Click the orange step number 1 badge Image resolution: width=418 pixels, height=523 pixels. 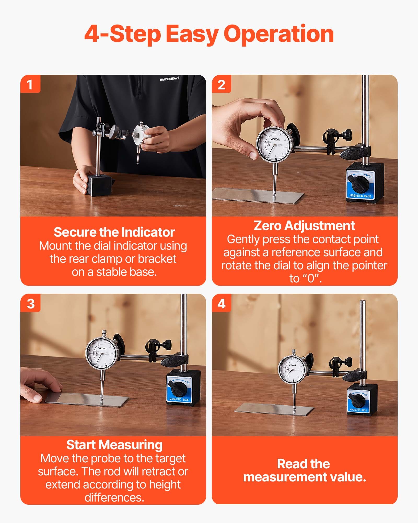tap(30, 84)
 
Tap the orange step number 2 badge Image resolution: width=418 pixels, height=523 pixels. tap(221, 84)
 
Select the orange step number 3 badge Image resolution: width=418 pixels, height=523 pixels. tap(31, 304)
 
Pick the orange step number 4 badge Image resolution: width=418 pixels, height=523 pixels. tap(221, 304)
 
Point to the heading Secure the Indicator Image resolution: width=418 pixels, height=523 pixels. tap(114, 232)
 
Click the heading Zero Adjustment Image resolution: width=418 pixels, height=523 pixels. tap(304, 225)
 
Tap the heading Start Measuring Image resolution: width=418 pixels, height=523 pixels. tap(114, 445)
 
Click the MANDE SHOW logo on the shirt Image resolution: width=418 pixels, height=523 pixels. tap(169, 79)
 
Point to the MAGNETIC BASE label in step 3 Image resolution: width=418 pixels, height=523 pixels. tap(179, 399)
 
